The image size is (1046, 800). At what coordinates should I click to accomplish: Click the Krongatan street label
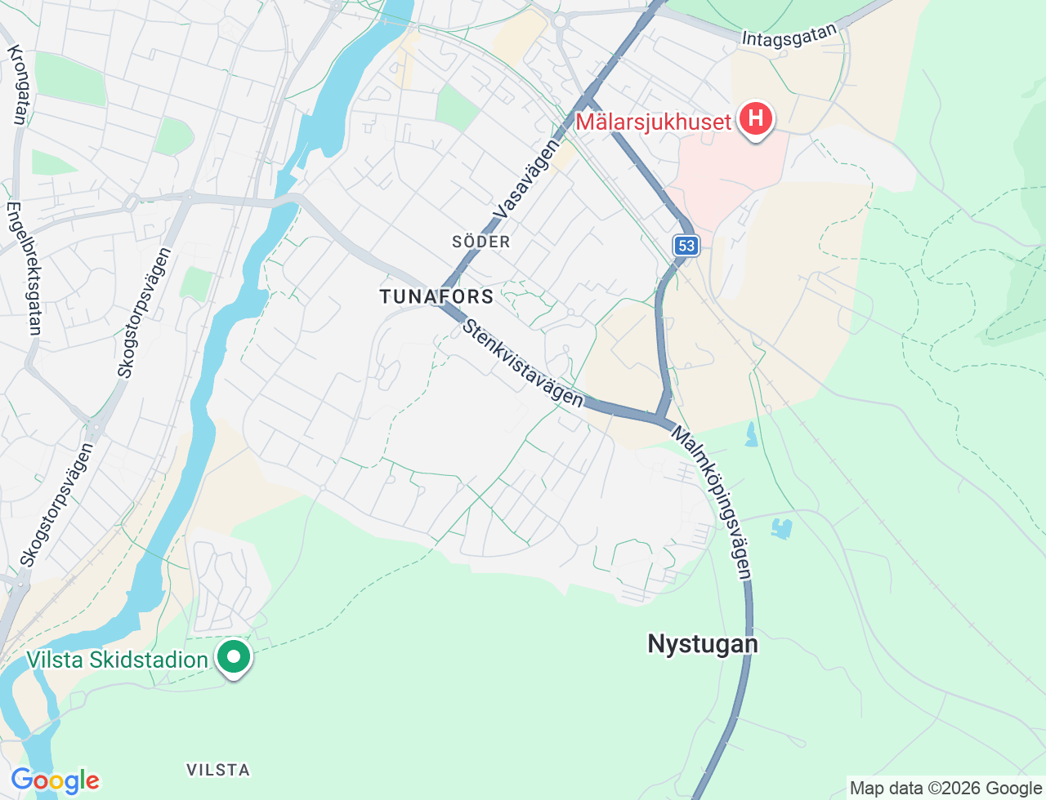17,86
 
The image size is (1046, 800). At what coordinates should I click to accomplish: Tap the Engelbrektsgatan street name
24,268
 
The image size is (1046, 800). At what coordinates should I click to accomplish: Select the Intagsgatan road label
790,35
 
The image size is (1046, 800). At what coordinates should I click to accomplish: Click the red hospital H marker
756,119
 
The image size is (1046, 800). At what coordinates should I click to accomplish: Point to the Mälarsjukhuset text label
653,122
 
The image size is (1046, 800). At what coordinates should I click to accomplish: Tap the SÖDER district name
481,242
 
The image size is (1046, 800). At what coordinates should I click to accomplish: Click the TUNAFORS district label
436,296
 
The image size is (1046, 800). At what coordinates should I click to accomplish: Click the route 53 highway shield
686,246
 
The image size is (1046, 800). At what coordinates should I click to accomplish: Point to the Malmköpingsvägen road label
712,502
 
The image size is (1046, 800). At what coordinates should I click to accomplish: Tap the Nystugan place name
703,644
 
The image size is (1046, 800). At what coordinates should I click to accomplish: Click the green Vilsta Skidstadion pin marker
234,656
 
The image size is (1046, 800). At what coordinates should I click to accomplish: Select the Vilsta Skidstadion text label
117,660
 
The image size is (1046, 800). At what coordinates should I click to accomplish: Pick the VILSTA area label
218,770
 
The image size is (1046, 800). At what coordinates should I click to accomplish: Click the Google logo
55,780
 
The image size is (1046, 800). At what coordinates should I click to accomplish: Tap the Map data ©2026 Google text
945,789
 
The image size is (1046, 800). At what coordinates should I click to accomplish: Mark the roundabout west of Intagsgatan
561,21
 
